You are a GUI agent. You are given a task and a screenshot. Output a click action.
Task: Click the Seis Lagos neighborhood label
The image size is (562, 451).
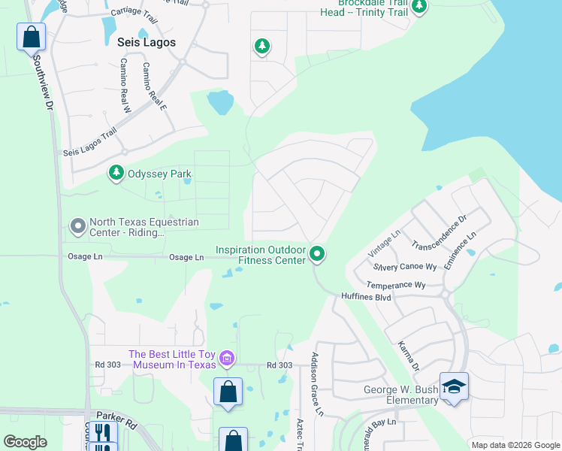click(x=142, y=42)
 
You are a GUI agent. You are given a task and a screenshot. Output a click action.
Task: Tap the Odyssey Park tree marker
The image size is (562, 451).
click(x=116, y=174)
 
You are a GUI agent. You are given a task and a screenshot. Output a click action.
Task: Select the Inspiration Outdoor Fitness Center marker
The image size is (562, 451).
click(x=318, y=255)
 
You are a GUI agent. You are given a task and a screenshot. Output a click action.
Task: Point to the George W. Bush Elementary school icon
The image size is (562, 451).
click(x=453, y=386)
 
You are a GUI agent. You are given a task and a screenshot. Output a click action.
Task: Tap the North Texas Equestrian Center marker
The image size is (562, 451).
click(x=77, y=225)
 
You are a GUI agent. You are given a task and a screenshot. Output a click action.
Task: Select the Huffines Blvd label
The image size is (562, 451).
click(x=367, y=297)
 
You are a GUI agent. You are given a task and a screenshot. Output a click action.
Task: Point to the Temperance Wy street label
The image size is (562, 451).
click(x=395, y=285)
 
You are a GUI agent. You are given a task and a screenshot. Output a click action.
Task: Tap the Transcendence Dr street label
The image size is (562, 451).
click(x=440, y=235)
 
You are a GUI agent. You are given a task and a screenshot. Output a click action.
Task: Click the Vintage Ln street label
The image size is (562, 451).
click(x=385, y=244)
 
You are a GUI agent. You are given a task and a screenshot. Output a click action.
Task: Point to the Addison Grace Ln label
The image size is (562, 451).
click(x=316, y=384)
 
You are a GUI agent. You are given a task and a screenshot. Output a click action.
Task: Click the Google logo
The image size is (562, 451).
click(x=26, y=442)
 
